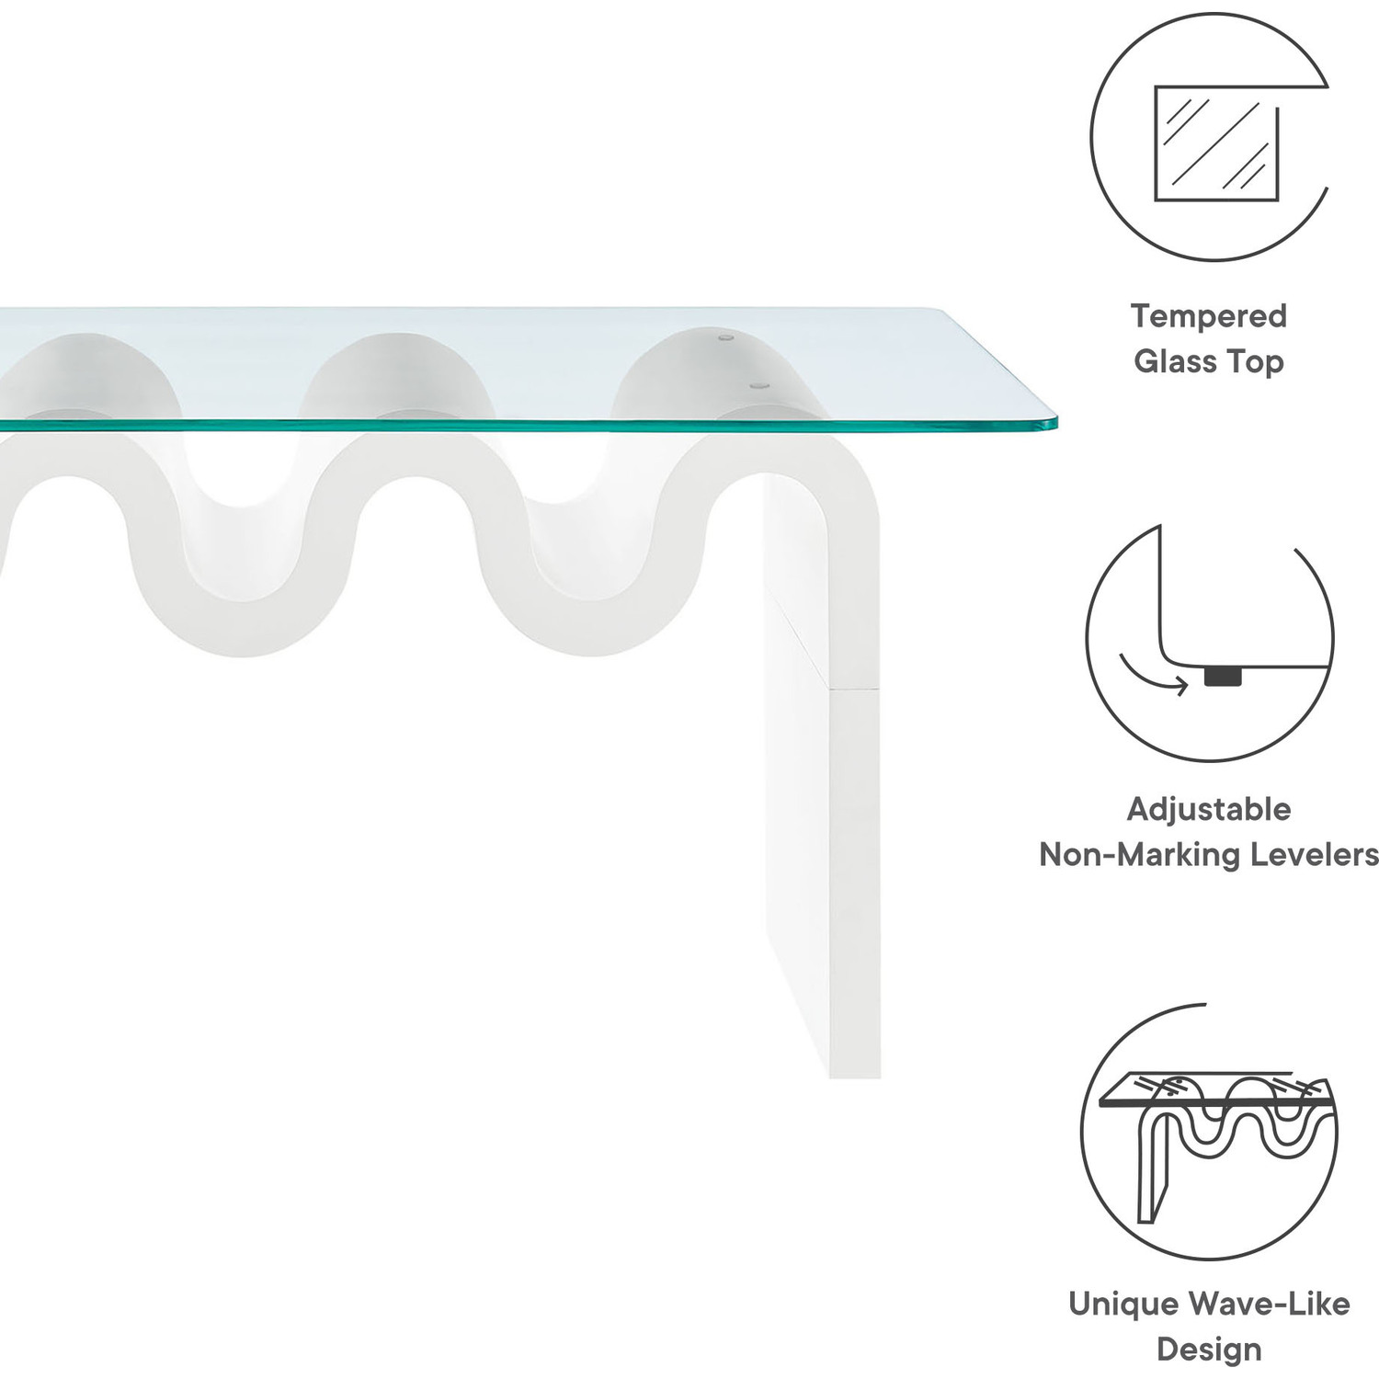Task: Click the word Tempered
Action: pos(1208,316)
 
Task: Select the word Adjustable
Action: pos(1208,809)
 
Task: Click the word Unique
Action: pos(1123,1304)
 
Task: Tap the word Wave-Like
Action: pos(1269,1304)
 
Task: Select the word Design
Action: pos(1208,1349)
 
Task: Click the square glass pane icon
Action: pos(1215,143)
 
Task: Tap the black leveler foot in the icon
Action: pos(1222,677)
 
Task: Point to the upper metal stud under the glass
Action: pos(726,338)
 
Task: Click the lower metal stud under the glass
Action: pos(758,386)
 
